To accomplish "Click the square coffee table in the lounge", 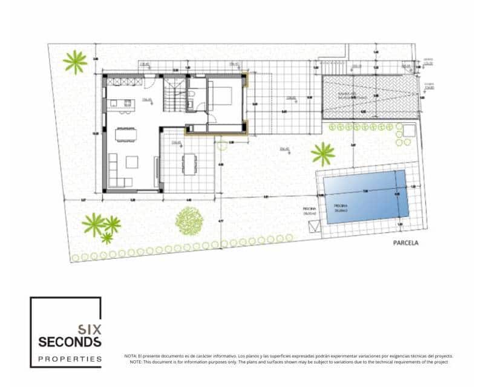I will (131, 162).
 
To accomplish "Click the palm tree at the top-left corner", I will (76, 62).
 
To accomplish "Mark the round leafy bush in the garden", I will (188, 221).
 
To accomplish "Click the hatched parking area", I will (369, 97).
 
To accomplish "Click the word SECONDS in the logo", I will (70, 342).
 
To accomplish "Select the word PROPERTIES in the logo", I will (70, 359).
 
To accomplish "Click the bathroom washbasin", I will (191, 105).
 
